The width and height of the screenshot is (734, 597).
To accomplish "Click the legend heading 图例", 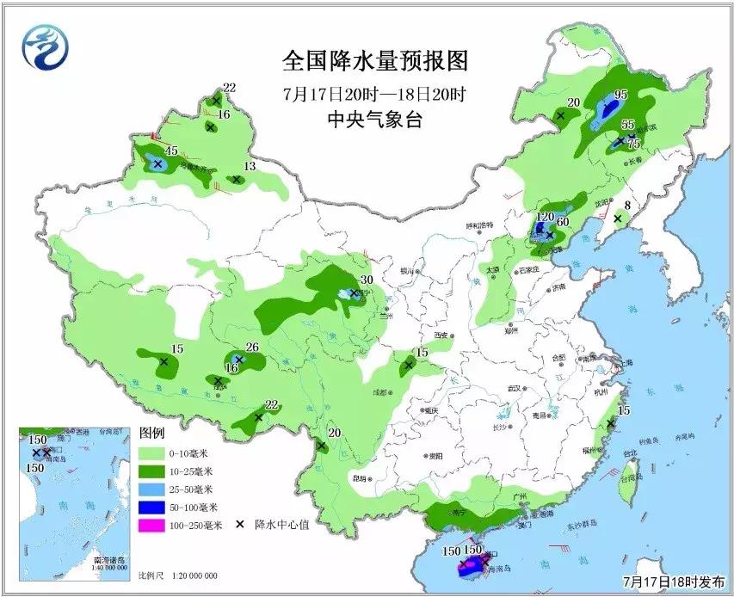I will [151, 433].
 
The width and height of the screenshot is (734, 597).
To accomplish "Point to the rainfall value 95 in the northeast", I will [620, 95].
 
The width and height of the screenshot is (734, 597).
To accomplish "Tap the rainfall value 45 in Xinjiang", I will [171, 151].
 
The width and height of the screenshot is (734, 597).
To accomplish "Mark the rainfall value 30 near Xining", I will [366, 280].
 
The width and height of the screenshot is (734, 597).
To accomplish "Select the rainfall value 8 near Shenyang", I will [627, 206].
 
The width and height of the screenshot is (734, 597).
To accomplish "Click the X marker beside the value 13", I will [235, 180].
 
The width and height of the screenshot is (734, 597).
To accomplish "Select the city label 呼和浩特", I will [481, 225].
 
